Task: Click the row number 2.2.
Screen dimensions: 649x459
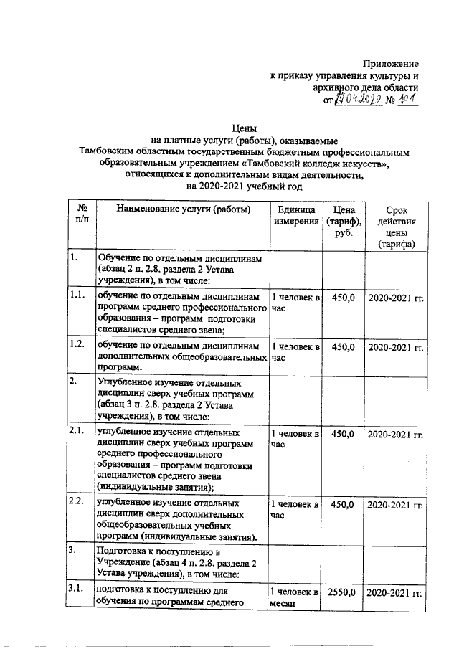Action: [x=76, y=501]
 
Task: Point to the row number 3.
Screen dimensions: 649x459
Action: [x=72, y=550]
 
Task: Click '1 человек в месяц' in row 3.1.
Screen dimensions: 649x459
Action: [x=294, y=598]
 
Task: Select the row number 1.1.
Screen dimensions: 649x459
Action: [x=76, y=294]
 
